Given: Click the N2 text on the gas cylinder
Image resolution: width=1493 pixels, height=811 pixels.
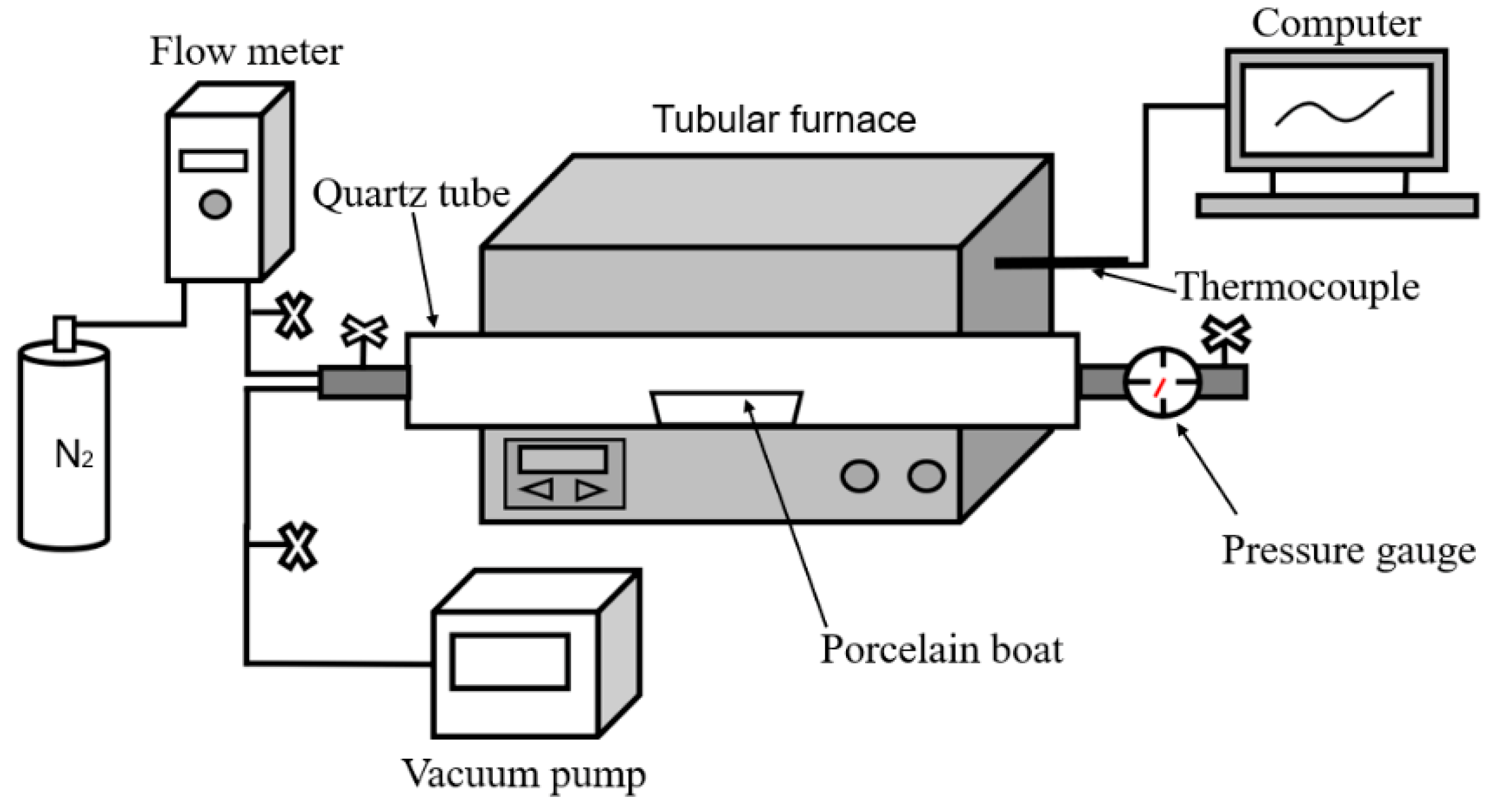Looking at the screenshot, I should [74, 455].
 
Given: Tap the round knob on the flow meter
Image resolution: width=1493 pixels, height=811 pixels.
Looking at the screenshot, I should [215, 204].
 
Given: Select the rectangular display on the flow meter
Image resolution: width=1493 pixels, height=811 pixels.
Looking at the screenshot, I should [213, 161].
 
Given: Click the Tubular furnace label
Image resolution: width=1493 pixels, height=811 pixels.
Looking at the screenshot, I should [784, 119].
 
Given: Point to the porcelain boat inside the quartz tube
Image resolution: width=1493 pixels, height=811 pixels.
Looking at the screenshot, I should [726, 407].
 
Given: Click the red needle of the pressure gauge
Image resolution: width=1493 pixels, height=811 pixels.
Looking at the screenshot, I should [1160, 386].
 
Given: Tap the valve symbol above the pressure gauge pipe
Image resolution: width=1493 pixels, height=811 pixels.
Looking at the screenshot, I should [1225, 335].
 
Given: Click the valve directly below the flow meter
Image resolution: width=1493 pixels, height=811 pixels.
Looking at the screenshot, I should [294, 315].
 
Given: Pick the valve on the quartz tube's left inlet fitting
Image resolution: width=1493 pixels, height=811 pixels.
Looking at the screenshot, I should [364, 332].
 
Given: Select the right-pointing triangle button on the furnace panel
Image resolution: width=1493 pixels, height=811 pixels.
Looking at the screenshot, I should [590, 490].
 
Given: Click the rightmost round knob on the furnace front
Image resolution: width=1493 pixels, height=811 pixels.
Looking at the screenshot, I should [926, 476].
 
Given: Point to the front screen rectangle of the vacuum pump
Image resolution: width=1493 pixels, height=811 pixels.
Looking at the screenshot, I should [509, 662].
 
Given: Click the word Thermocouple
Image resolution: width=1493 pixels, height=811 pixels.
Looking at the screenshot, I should [1297, 287].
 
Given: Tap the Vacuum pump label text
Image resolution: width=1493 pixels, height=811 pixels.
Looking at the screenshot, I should [523, 774].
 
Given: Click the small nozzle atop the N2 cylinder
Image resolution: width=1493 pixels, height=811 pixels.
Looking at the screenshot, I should [64, 333].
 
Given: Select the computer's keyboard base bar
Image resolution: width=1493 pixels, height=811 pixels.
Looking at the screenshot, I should [1337, 206].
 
